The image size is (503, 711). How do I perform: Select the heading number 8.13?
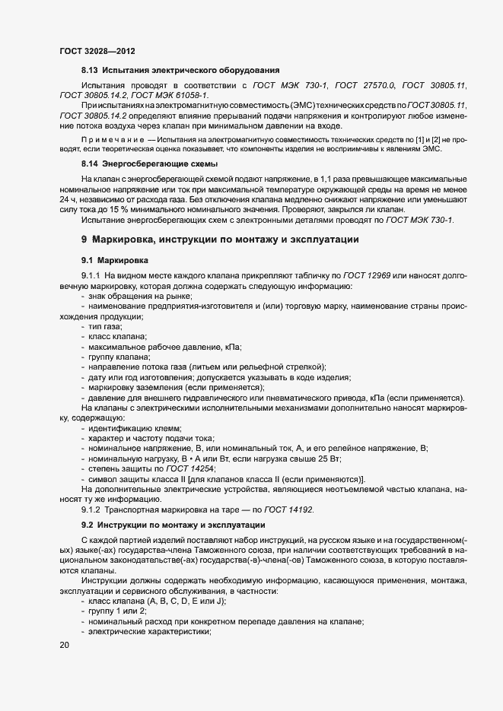(x=91, y=70)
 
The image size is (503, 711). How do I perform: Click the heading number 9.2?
(x=88, y=526)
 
